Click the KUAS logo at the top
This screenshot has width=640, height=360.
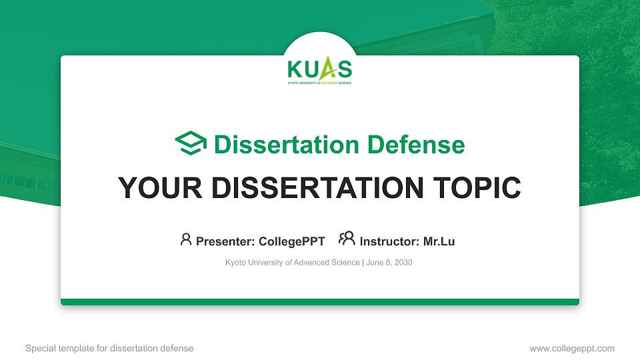[319, 70]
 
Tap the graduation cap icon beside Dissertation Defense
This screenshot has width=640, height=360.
[191, 144]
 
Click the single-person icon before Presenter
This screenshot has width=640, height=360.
[186, 239]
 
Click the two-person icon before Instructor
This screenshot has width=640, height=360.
[347, 239]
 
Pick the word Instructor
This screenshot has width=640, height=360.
[389, 241]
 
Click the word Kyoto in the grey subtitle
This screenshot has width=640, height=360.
[236, 263]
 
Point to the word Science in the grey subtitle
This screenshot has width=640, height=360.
[346, 263]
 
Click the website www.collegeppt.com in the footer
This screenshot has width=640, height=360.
[572, 348]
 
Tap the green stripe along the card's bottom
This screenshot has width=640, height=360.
[319, 302]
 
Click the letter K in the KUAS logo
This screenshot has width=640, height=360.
[294, 69]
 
